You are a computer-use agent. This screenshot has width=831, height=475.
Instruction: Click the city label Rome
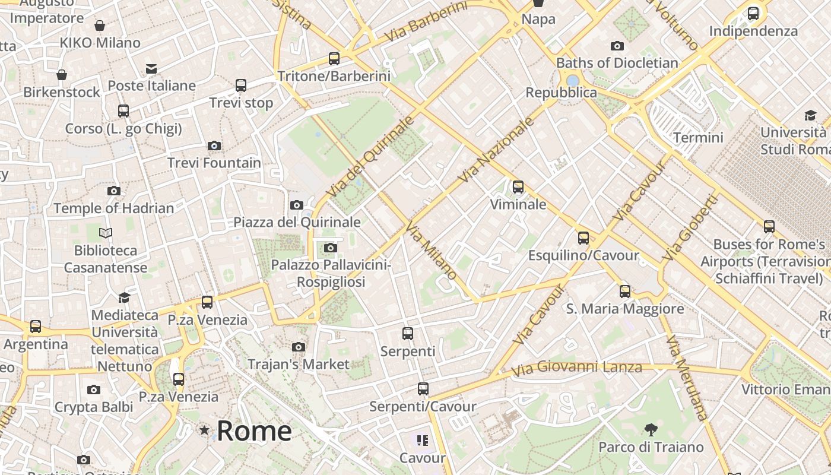click(254, 431)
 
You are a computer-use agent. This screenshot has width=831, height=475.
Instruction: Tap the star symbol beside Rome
click(204, 430)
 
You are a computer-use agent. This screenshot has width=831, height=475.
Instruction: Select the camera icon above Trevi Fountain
click(214, 145)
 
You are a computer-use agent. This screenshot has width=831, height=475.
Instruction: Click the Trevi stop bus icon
click(241, 85)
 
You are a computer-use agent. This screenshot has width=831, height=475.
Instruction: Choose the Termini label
click(698, 138)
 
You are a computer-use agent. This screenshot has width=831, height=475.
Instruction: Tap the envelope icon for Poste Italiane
click(151, 69)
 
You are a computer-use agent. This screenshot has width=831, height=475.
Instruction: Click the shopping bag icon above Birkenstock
click(62, 75)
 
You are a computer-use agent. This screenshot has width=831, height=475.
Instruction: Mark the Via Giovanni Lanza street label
click(576, 368)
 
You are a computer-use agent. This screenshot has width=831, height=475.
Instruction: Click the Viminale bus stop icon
click(518, 188)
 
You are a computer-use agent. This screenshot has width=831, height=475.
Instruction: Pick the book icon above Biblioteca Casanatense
click(106, 233)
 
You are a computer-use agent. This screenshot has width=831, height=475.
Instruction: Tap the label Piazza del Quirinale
click(297, 222)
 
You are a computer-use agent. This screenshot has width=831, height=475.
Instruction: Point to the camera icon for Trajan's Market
click(299, 347)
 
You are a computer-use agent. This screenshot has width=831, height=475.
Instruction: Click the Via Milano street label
click(432, 250)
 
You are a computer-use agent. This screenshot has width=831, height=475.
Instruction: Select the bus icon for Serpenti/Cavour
click(423, 389)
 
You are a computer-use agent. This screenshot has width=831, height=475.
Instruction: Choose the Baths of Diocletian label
click(617, 63)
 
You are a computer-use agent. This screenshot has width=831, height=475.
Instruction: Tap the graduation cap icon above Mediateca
click(124, 297)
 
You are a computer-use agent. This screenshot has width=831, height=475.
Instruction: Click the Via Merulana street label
click(687, 378)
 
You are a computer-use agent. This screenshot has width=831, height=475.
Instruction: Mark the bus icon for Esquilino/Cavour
click(583, 239)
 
